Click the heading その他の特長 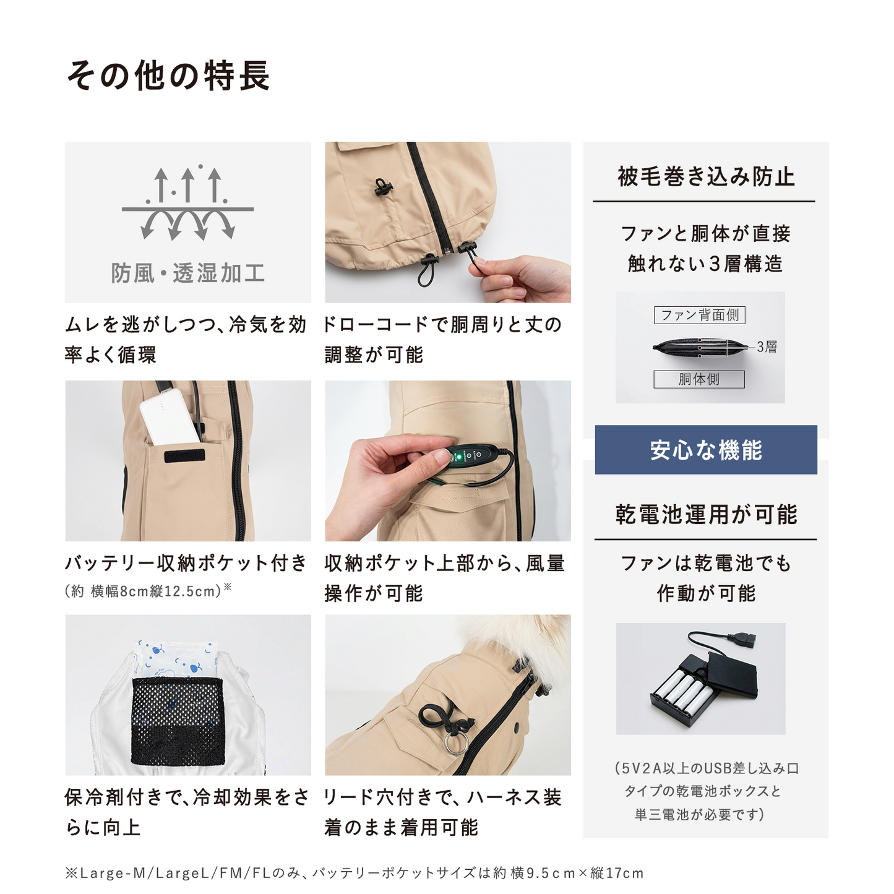click(168, 76)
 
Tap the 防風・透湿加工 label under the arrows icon click(187, 273)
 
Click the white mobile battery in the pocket click(168, 417)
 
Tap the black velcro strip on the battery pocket click(184, 455)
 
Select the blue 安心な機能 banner click(705, 450)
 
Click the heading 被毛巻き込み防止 click(705, 177)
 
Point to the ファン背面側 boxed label click(699, 315)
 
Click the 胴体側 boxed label click(698, 379)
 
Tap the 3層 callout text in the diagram click(767, 347)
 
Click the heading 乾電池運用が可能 click(705, 515)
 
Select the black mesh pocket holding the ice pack click(177, 720)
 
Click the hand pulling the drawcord click(526, 278)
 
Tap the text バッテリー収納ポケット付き click(186, 563)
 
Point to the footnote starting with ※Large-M click(354, 873)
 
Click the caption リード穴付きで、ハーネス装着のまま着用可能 click(442, 812)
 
